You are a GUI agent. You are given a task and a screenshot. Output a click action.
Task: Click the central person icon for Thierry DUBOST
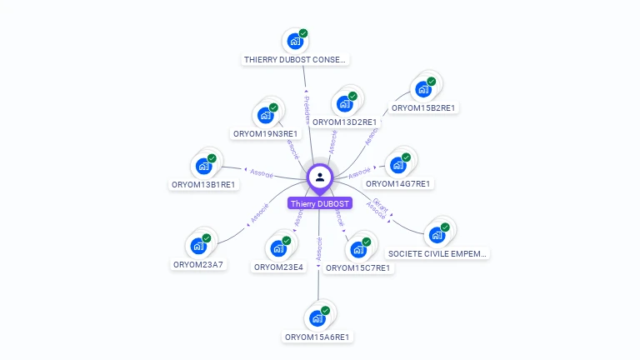point(320,177)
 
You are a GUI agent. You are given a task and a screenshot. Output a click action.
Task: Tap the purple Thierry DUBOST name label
point(320,203)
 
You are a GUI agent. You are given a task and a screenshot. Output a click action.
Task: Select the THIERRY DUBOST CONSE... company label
point(295,60)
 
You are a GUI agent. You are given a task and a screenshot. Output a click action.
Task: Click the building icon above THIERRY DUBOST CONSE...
point(294,40)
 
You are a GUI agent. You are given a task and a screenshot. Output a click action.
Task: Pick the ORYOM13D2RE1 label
point(345,122)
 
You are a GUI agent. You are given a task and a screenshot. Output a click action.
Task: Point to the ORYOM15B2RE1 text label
point(426,108)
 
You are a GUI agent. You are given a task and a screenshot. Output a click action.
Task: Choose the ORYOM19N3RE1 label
point(265,133)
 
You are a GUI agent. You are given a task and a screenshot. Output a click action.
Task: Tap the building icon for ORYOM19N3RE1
point(265,115)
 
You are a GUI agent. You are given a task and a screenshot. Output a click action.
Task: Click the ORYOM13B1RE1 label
point(204,184)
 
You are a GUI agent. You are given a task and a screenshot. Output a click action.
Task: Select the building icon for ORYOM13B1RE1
point(202,165)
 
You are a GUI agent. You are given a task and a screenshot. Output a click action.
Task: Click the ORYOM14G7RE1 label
point(398,183)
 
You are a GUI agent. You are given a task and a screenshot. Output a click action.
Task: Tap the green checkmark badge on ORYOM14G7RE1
point(406,157)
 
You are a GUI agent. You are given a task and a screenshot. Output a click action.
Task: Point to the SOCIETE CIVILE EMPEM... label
point(438,253)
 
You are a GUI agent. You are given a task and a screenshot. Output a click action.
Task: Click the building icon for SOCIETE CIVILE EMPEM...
point(436,235)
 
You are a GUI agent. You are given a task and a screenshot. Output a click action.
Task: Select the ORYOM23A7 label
point(198,265)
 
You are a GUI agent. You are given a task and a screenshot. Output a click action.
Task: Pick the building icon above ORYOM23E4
point(277,247)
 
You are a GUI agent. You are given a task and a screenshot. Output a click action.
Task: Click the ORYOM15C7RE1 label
point(358,268)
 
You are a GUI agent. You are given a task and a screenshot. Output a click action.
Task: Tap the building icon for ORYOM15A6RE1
point(317,317)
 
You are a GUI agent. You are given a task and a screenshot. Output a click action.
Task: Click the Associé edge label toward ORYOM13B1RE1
point(262,172)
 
